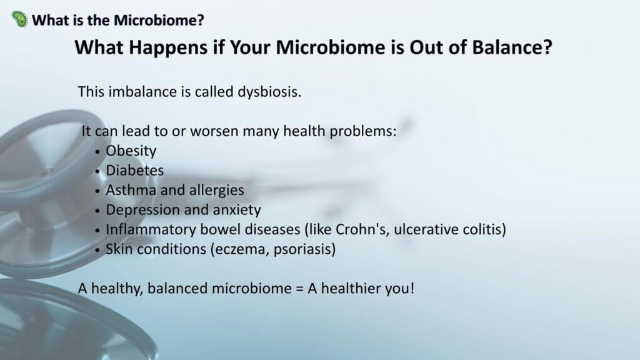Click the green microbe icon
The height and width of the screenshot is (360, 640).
[19, 19]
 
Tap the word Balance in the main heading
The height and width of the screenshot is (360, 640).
[512, 47]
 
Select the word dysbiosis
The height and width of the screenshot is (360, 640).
[269, 92]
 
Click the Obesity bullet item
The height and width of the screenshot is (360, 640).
[131, 151]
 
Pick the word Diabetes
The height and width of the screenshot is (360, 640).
[135, 170]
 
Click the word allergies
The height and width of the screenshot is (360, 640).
[216, 191]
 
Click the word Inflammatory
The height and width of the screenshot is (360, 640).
[151, 229]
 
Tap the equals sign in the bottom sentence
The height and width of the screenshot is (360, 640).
[299, 289]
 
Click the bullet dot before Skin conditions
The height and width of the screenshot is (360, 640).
[97, 250]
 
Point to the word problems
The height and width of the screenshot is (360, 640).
[363, 132]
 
